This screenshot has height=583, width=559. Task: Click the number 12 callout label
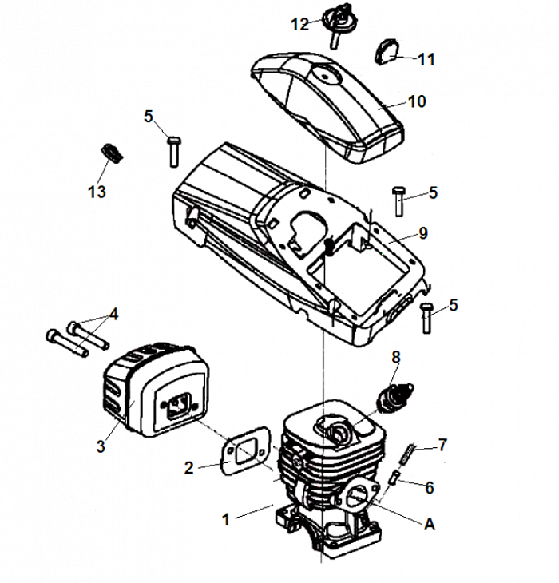299,25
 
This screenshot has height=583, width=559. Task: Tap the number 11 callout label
426,59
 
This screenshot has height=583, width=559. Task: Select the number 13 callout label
97,192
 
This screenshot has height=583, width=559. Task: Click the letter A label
430,524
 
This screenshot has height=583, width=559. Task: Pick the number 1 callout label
226,519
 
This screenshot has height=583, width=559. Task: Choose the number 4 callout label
113,314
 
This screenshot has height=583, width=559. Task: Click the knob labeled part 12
339,19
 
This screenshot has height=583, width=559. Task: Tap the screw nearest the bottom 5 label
426,318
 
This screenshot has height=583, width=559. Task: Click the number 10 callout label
417,101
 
